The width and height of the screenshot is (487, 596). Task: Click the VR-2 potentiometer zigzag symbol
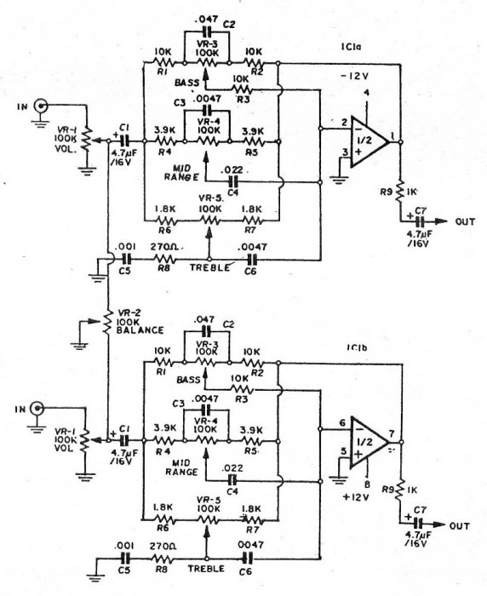point(109,323)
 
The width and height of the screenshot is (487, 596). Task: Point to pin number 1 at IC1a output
point(392,134)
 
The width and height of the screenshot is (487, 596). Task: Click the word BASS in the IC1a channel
point(187,83)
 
